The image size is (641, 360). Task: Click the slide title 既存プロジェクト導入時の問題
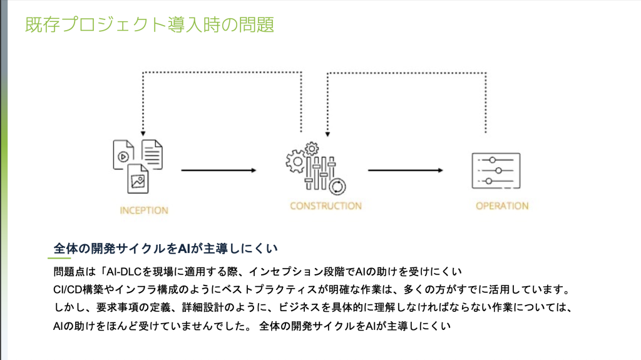[x=149, y=25]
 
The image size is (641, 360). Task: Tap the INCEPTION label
[x=144, y=210]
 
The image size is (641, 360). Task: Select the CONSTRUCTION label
[x=326, y=205]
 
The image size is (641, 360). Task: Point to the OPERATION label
[x=502, y=205]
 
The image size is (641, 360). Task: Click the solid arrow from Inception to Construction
[x=218, y=170]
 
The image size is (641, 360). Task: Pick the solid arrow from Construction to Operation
[x=405, y=170]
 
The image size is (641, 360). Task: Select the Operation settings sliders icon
[x=496, y=170]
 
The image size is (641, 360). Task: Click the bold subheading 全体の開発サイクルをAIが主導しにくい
[x=165, y=249]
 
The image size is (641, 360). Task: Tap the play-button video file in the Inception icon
[x=124, y=156]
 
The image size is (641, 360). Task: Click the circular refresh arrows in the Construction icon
[x=338, y=185]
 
